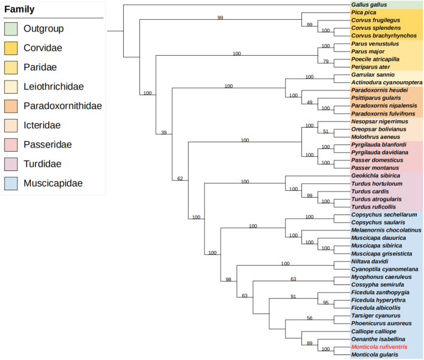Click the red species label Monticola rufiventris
(x=379, y=347)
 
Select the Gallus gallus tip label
(x=370, y=5)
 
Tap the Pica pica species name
(x=365, y=12)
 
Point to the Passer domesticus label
(x=376, y=160)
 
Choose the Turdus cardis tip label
(x=370, y=191)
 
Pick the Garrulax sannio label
(x=373, y=74)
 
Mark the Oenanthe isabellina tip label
(x=378, y=339)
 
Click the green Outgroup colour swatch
(x=11, y=29)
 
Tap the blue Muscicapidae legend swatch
(x=11, y=183)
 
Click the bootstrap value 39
(x=164, y=132)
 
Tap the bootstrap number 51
(x=326, y=131)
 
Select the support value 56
(x=310, y=318)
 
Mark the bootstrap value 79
(x=326, y=61)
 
